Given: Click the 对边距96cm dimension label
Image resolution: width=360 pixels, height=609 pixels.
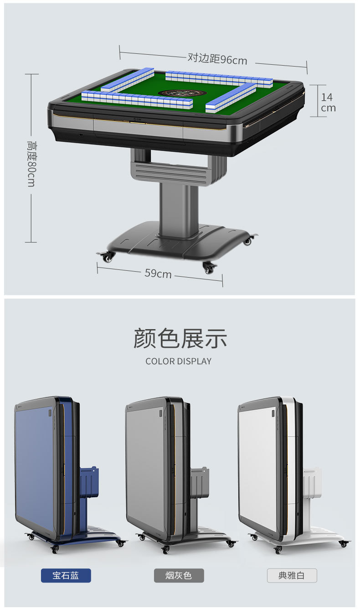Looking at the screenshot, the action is [x=217, y=59].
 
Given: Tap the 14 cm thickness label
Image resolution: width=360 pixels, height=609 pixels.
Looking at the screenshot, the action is [x=328, y=103].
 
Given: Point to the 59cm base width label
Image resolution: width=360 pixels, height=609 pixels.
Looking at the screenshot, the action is [x=158, y=274].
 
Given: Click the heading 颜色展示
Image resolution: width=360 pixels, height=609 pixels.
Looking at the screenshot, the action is [x=180, y=339].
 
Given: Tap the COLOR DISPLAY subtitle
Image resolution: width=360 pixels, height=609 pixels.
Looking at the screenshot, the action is [x=179, y=361].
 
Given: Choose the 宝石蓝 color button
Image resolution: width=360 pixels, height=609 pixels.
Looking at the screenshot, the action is [x=66, y=575].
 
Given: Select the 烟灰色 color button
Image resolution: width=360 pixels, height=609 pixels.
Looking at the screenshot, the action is [x=179, y=575].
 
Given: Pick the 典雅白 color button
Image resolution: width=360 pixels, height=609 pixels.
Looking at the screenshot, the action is [x=292, y=575].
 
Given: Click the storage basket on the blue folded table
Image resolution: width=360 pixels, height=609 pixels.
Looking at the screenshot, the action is [x=89, y=482].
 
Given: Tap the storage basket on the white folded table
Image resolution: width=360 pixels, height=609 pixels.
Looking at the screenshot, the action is [x=312, y=482].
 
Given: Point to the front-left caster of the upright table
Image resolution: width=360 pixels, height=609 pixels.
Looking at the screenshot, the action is [x=108, y=258].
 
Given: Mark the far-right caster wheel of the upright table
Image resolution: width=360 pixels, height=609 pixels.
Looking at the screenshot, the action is [x=248, y=241].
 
